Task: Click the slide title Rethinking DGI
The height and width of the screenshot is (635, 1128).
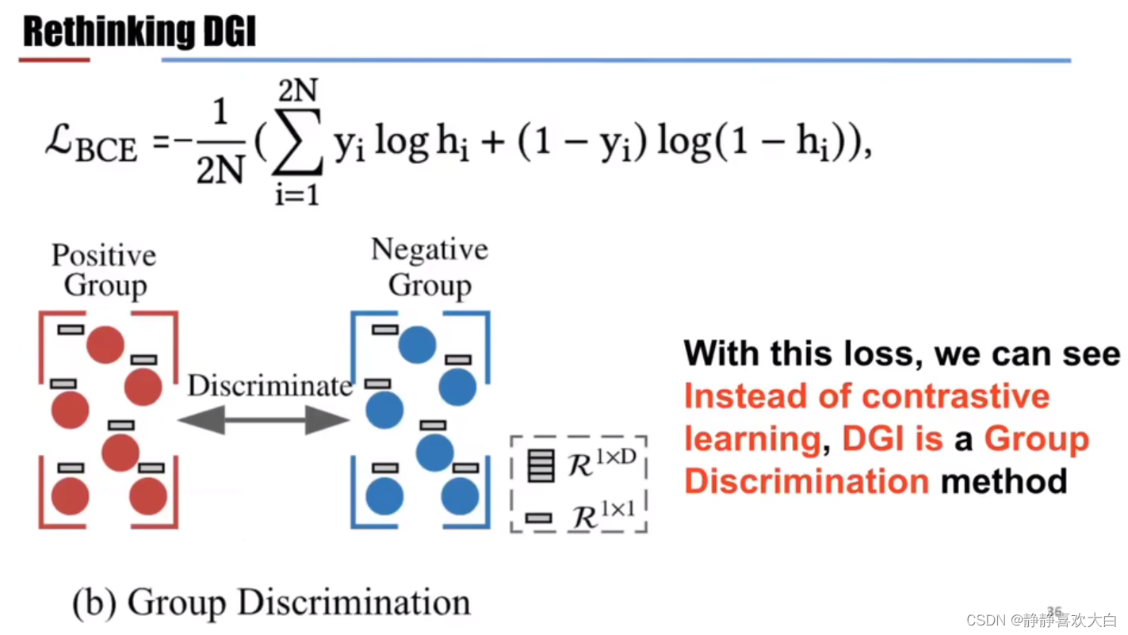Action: pos(140,33)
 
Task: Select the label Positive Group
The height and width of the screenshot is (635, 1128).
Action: pos(104,270)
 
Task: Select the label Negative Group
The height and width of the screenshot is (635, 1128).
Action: pos(429,268)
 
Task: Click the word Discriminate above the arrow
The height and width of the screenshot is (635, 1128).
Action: pos(270,386)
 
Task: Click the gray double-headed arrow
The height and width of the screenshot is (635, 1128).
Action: pos(263,419)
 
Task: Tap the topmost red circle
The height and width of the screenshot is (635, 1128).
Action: pos(105,344)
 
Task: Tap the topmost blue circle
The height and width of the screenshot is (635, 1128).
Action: pos(418,344)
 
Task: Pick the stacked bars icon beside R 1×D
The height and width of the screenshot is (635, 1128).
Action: pos(540,465)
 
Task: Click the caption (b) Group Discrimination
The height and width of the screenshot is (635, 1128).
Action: pos(271,602)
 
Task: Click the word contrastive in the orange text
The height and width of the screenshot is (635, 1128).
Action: pos(956,396)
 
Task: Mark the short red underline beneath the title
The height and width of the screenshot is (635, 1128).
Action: pos(54,59)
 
